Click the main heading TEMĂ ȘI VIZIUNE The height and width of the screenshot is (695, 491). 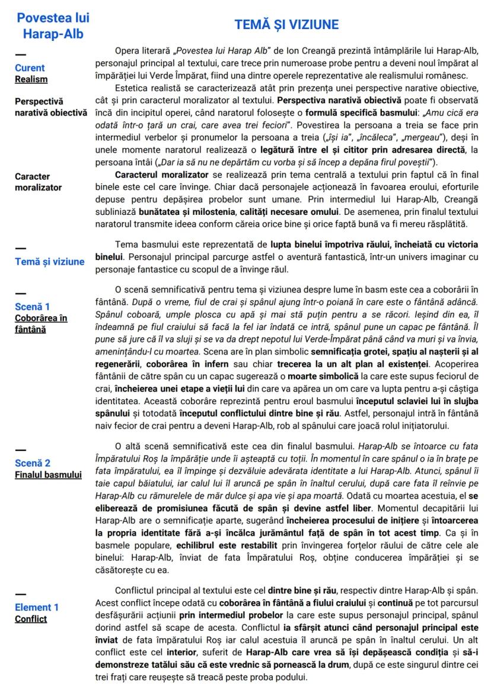286,24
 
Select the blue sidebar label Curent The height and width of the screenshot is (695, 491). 30,68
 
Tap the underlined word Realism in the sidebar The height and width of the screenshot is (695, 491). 31,79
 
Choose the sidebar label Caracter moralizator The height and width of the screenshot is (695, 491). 38,182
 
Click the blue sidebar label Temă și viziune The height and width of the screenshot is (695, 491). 50,262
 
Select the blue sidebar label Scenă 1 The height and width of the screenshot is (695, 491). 32,307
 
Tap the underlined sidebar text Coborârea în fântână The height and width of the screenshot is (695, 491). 40,323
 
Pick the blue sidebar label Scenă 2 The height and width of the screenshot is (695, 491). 33,463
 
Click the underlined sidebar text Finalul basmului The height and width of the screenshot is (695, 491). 48,474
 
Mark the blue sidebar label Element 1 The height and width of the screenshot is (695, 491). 37,608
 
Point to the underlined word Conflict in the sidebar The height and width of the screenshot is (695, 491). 31,619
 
